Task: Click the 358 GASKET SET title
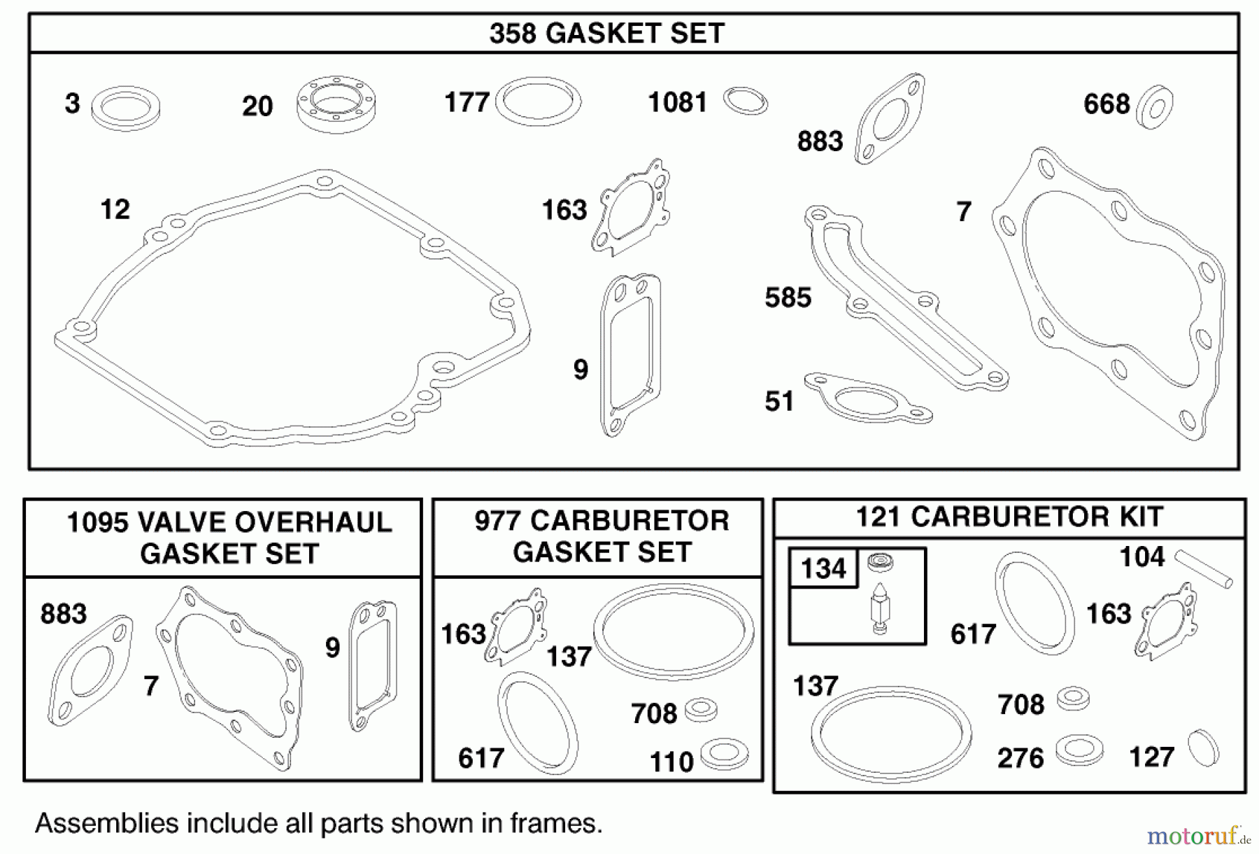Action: (606, 33)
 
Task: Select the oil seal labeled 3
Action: (126, 108)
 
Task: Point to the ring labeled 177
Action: (538, 101)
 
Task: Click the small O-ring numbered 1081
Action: (745, 101)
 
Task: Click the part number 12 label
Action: (115, 209)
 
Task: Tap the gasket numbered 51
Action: (867, 398)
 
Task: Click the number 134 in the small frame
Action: (823, 568)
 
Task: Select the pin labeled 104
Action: (1203, 568)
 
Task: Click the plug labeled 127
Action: (1204, 748)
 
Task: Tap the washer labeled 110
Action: (725, 753)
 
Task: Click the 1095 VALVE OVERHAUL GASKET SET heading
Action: (229, 538)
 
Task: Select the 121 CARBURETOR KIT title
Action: (1009, 517)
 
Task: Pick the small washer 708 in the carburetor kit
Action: (1073, 698)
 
